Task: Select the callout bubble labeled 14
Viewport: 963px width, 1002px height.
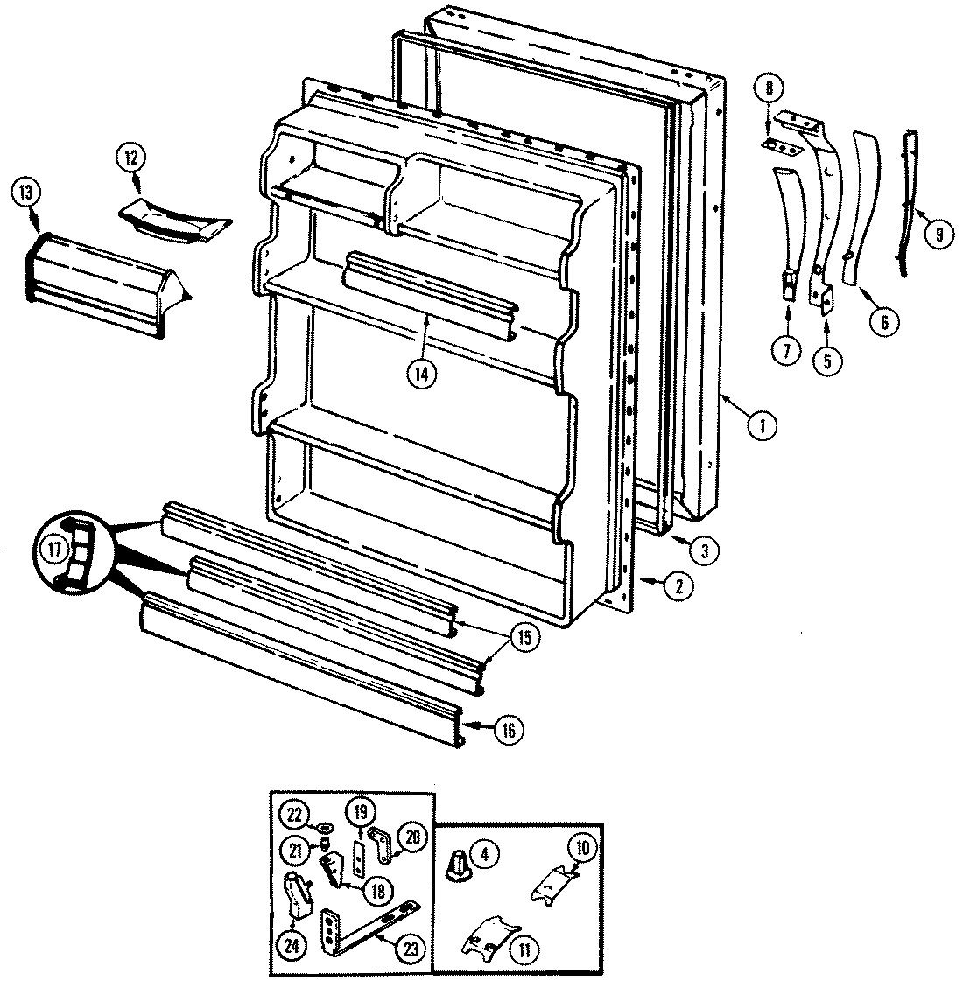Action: pyautogui.click(x=421, y=373)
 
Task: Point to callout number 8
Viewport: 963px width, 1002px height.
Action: pyautogui.click(x=769, y=88)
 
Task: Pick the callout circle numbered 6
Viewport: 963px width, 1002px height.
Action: pyautogui.click(x=883, y=321)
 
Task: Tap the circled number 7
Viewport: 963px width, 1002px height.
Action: pyautogui.click(x=785, y=350)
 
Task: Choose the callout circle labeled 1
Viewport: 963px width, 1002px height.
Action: pyautogui.click(x=763, y=426)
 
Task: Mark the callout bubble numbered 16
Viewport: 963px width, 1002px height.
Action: pyautogui.click(x=509, y=729)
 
